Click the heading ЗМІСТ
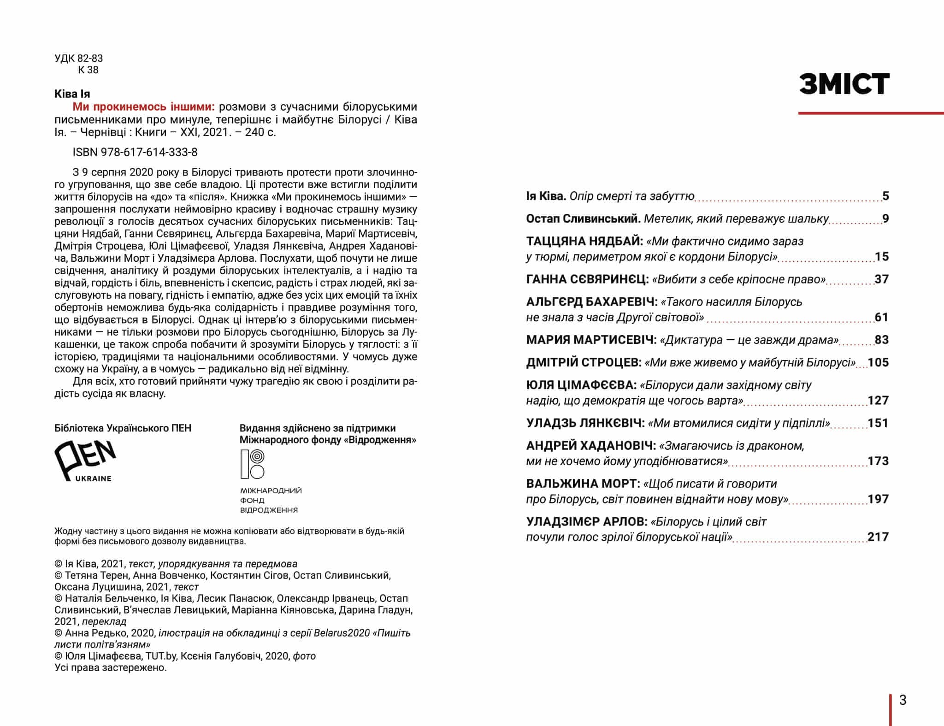844,84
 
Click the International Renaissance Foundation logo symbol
252,464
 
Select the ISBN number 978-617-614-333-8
135,152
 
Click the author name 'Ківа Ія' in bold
72,94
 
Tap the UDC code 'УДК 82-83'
79,59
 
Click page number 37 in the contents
881,279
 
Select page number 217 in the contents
878,537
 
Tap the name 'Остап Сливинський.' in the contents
583,219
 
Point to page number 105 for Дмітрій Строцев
878,363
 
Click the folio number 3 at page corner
903,700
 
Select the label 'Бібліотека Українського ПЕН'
123,428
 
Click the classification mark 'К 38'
88,70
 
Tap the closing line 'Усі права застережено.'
111,667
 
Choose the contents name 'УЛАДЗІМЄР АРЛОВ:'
587,522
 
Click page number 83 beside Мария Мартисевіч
881,340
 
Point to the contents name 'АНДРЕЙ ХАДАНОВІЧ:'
591,446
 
